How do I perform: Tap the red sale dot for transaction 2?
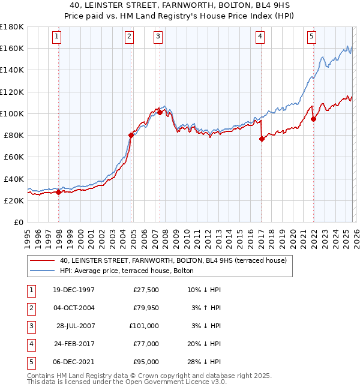point(131,135)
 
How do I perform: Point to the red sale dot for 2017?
point(262,139)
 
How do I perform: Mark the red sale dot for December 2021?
point(313,119)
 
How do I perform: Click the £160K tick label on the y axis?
point(12,48)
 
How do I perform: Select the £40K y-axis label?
point(14,179)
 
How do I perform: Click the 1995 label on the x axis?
point(28,238)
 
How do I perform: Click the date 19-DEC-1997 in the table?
point(74,290)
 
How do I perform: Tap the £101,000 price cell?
point(144,326)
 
